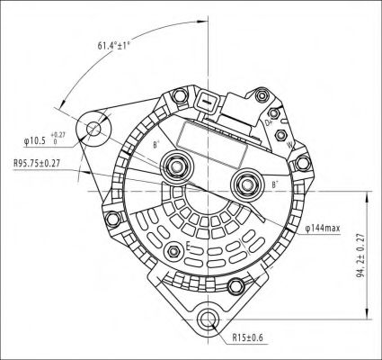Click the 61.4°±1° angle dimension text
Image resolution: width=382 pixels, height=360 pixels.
113,46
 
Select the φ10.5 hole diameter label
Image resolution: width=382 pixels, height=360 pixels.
35,140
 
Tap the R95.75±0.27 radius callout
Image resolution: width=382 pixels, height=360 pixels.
37,163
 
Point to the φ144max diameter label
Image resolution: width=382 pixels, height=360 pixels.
323,229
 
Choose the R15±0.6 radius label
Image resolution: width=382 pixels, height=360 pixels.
247,337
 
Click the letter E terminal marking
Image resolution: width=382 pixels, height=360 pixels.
189,247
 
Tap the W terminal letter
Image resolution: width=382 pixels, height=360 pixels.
289,146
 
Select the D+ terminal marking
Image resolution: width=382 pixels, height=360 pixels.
268,122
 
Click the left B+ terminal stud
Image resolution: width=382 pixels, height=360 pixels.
175,166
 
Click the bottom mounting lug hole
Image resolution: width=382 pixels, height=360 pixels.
207,319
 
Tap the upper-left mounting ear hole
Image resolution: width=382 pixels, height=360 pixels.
93,129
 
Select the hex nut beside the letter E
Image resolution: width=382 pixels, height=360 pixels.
173,251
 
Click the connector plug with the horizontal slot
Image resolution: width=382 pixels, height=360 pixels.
206,104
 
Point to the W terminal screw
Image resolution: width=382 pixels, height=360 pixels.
280,135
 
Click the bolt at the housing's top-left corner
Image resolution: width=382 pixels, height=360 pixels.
180,96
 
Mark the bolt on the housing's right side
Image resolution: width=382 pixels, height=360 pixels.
303,164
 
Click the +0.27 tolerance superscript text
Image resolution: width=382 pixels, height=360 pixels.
58,134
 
